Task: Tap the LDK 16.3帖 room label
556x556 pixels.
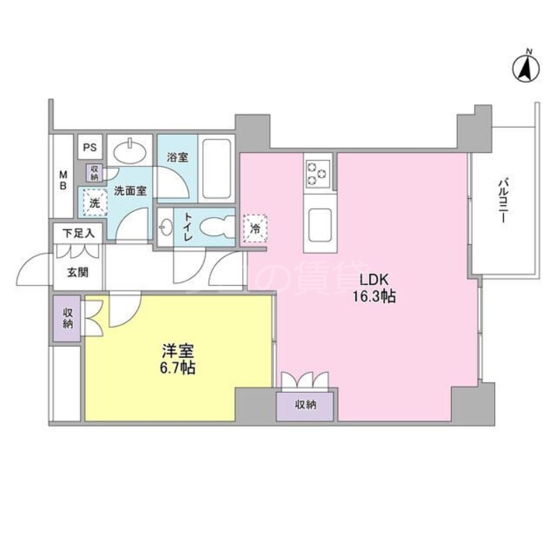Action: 377,288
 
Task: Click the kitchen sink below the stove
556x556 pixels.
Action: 319,224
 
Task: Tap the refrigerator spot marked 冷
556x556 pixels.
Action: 254,227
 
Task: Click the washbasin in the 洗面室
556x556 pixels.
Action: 130,151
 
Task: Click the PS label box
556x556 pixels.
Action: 90,147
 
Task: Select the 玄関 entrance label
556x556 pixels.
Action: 77,272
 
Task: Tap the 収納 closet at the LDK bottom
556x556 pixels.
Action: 306,404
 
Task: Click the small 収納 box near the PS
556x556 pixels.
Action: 94,172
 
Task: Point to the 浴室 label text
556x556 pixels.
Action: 177,157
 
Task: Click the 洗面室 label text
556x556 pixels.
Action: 130,190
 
